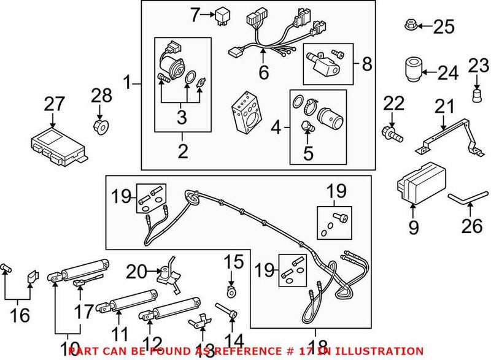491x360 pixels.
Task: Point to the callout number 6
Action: click(x=264, y=73)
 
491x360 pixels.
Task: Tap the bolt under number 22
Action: click(x=390, y=131)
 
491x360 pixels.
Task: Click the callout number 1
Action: click(x=129, y=81)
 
